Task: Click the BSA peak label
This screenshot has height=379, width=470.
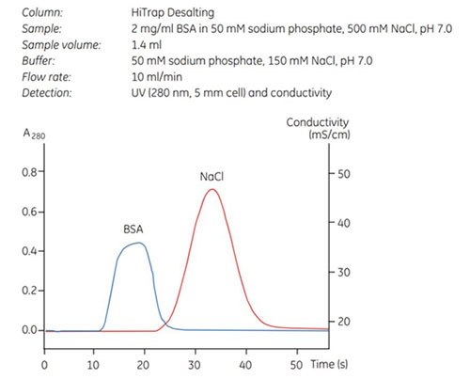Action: click(134, 228)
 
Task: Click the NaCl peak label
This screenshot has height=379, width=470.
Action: click(212, 176)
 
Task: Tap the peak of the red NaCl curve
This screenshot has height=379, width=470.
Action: click(212, 190)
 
